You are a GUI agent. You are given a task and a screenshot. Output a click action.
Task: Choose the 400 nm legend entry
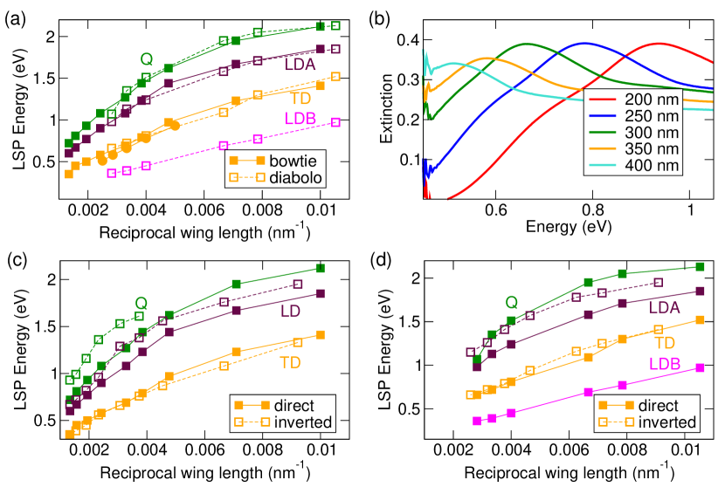click(x=638, y=163)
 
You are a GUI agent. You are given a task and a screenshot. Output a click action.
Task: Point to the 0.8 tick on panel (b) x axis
click(x=593, y=210)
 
